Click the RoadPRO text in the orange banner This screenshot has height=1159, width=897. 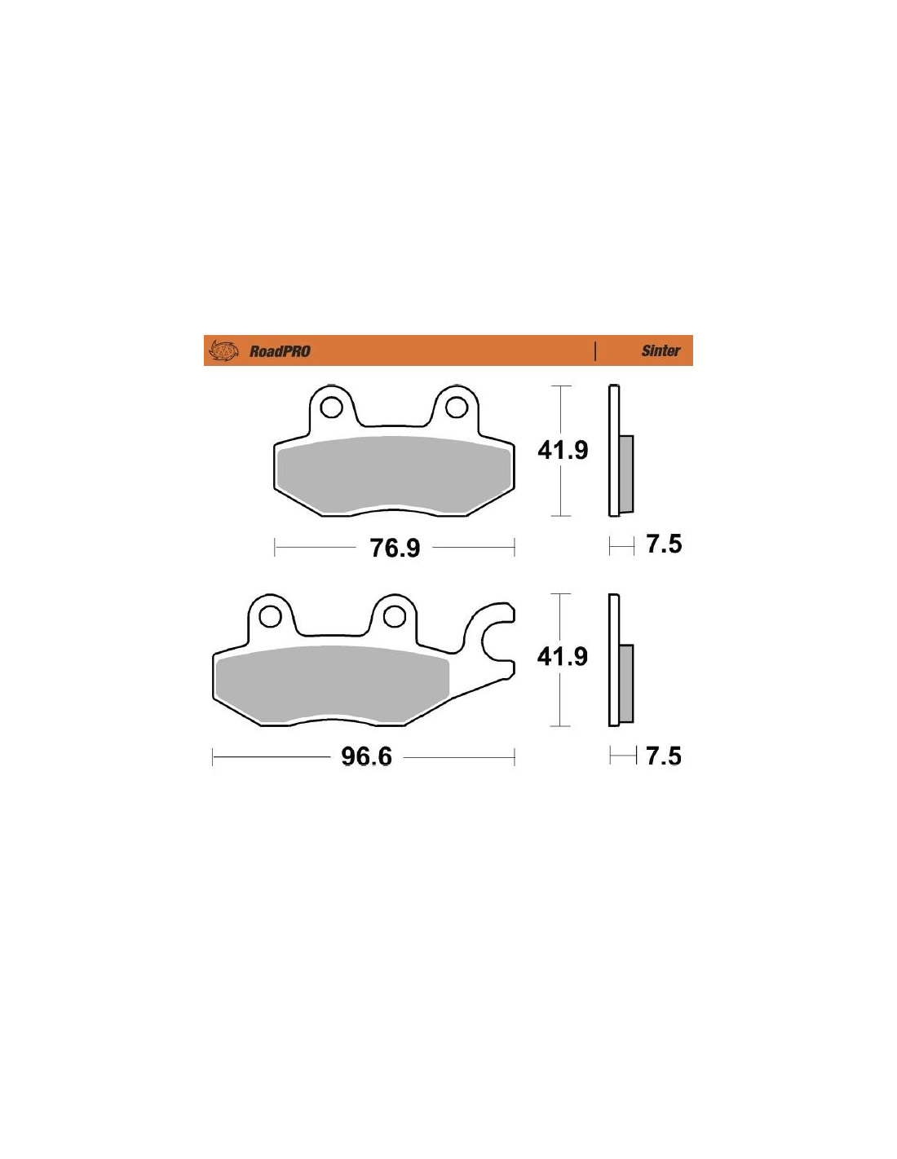tap(280, 351)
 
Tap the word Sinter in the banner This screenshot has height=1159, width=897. tap(660, 350)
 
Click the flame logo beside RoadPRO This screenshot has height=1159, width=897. tap(223, 350)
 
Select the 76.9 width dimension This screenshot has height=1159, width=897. tap(395, 548)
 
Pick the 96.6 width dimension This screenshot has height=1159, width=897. tap(367, 756)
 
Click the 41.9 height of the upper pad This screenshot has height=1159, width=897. tap(563, 451)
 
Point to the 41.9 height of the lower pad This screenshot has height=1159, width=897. tap(562, 657)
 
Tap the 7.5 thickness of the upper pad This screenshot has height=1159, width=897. tap(664, 544)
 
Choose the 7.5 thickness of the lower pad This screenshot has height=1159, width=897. tap(664, 756)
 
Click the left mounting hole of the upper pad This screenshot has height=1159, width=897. tap(331, 408)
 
